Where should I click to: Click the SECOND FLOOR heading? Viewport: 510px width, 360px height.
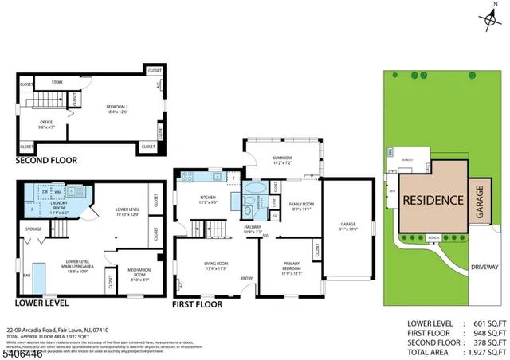pos(46,160)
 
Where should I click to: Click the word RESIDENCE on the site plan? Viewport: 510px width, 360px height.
pos(431,200)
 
